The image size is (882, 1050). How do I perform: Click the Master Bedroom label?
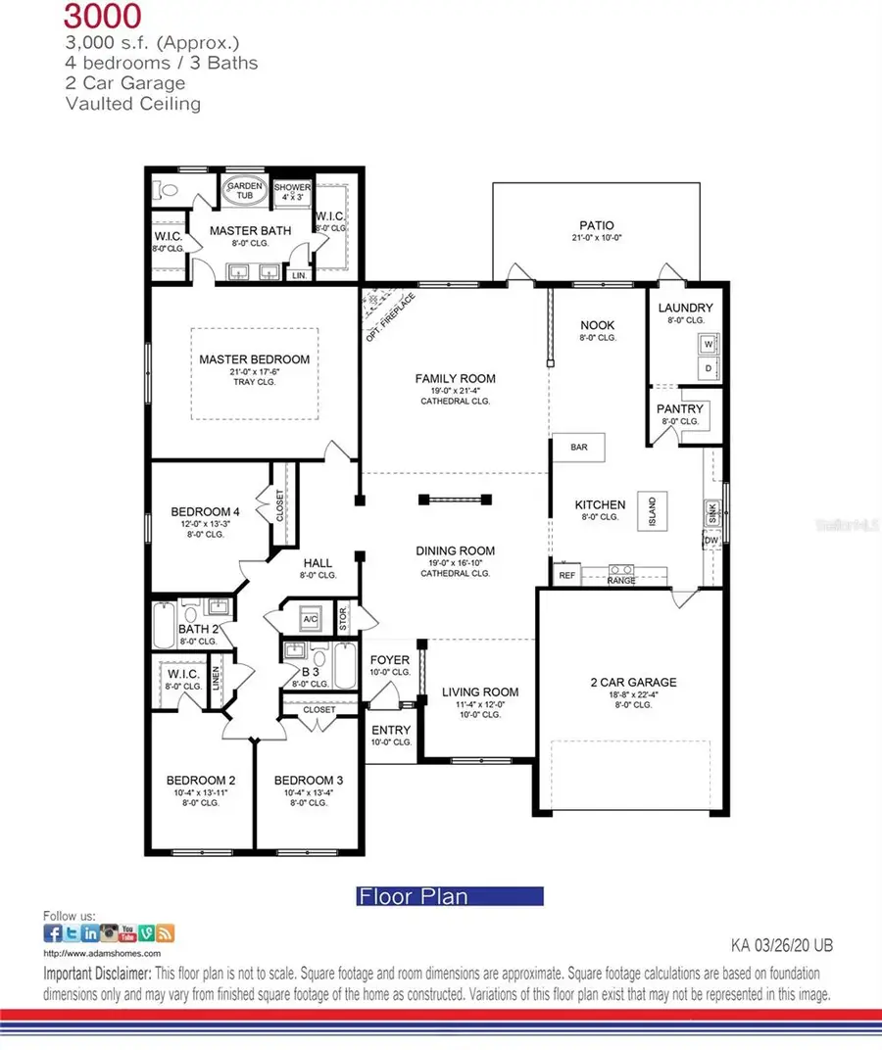(254, 359)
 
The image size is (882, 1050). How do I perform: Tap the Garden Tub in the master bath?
(241, 192)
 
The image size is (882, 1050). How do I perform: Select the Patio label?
(595, 224)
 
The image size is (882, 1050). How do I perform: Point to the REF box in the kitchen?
(566, 576)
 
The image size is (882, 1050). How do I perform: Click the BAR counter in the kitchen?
(579, 447)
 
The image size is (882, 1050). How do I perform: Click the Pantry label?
(681, 408)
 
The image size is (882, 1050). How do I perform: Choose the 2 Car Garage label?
(633, 682)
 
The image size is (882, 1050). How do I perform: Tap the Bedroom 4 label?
(205, 511)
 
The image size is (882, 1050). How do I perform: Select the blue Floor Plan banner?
(449, 895)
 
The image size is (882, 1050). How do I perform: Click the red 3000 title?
(102, 15)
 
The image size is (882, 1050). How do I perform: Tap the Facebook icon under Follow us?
(52, 933)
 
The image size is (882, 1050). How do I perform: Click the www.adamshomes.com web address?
(102, 952)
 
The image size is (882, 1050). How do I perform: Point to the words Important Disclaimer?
(97, 974)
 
